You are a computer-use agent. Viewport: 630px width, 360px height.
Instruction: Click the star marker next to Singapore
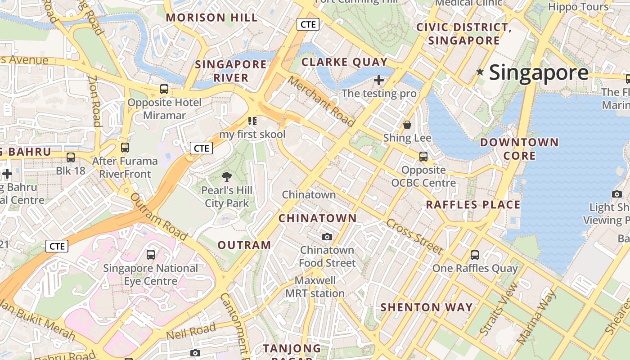480,72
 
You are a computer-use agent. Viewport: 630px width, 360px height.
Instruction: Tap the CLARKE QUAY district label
344,62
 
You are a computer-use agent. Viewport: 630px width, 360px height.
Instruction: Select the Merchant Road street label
321,101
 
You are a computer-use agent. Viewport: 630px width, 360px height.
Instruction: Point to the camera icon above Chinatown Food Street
327,237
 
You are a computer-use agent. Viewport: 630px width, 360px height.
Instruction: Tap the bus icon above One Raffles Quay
474,255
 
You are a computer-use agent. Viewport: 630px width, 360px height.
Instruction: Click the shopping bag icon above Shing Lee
407,125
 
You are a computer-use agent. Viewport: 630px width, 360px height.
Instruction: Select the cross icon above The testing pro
379,81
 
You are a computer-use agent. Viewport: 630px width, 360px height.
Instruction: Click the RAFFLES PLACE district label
473,205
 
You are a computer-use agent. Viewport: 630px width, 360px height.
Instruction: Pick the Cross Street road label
414,237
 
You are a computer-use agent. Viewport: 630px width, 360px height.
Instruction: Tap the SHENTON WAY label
426,307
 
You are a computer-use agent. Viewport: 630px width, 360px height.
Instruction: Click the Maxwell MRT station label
315,287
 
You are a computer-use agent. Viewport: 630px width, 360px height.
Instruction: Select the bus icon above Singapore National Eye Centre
151,255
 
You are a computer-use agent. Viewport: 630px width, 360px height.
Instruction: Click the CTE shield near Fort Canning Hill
308,24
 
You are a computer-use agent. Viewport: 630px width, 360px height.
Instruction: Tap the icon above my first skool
252,121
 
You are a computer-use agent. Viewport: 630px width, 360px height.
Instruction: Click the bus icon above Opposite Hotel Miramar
164,89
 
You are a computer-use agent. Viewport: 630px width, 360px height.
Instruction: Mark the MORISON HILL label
211,18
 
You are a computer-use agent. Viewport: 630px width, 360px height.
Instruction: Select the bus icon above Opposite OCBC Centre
423,157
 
